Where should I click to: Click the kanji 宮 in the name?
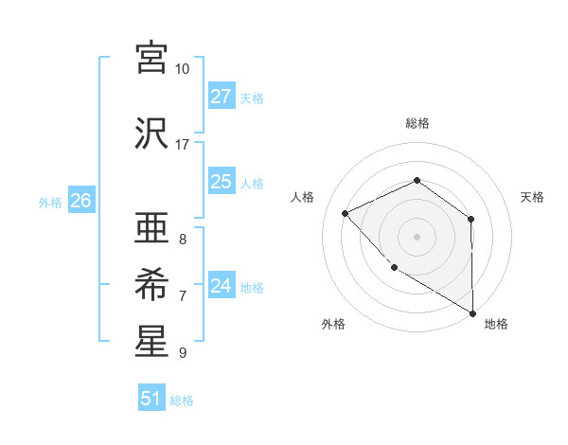coord(152,58)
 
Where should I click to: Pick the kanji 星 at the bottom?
coord(152,341)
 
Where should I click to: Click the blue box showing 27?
coord(222,97)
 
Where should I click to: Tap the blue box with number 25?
coord(222,182)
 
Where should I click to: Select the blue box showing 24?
coord(222,286)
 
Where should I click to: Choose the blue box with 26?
coord(80,201)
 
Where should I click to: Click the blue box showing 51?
coord(151,399)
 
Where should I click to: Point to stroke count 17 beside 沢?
coord(182,145)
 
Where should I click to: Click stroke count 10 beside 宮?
coord(182,69)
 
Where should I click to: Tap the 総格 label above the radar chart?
coord(417,123)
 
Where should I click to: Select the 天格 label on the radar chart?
coord(533,197)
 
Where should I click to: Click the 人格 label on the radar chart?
coord(302,197)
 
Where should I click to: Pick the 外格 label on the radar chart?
coord(333,324)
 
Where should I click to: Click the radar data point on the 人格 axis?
coord(346,214)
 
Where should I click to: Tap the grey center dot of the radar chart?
coord(417,237)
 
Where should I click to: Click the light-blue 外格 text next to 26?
coord(50,202)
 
